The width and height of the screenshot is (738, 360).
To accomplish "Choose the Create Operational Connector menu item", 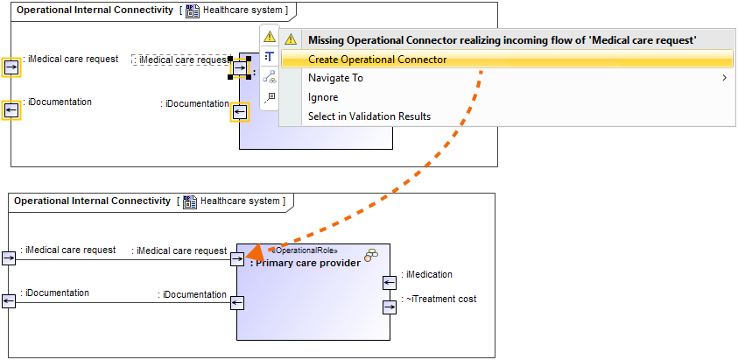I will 377,60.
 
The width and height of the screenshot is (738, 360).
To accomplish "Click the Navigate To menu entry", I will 335,78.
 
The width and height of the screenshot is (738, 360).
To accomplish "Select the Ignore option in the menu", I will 323,97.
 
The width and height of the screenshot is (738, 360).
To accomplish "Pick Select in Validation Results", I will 369,116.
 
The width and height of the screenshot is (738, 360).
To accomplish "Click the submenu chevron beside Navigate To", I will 724,78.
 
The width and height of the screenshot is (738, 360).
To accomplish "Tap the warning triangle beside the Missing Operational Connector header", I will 291,40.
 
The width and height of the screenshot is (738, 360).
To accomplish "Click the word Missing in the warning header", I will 328,40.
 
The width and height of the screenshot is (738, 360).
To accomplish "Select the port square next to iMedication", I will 390,282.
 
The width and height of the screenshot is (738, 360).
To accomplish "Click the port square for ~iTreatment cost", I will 390,307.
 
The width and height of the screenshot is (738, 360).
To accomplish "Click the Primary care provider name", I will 306,262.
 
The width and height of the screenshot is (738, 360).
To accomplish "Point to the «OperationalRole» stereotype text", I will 302,250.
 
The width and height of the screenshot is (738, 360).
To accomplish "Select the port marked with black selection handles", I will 240,67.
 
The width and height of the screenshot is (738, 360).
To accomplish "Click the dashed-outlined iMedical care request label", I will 180,60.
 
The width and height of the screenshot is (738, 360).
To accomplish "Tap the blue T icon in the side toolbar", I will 270,56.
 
